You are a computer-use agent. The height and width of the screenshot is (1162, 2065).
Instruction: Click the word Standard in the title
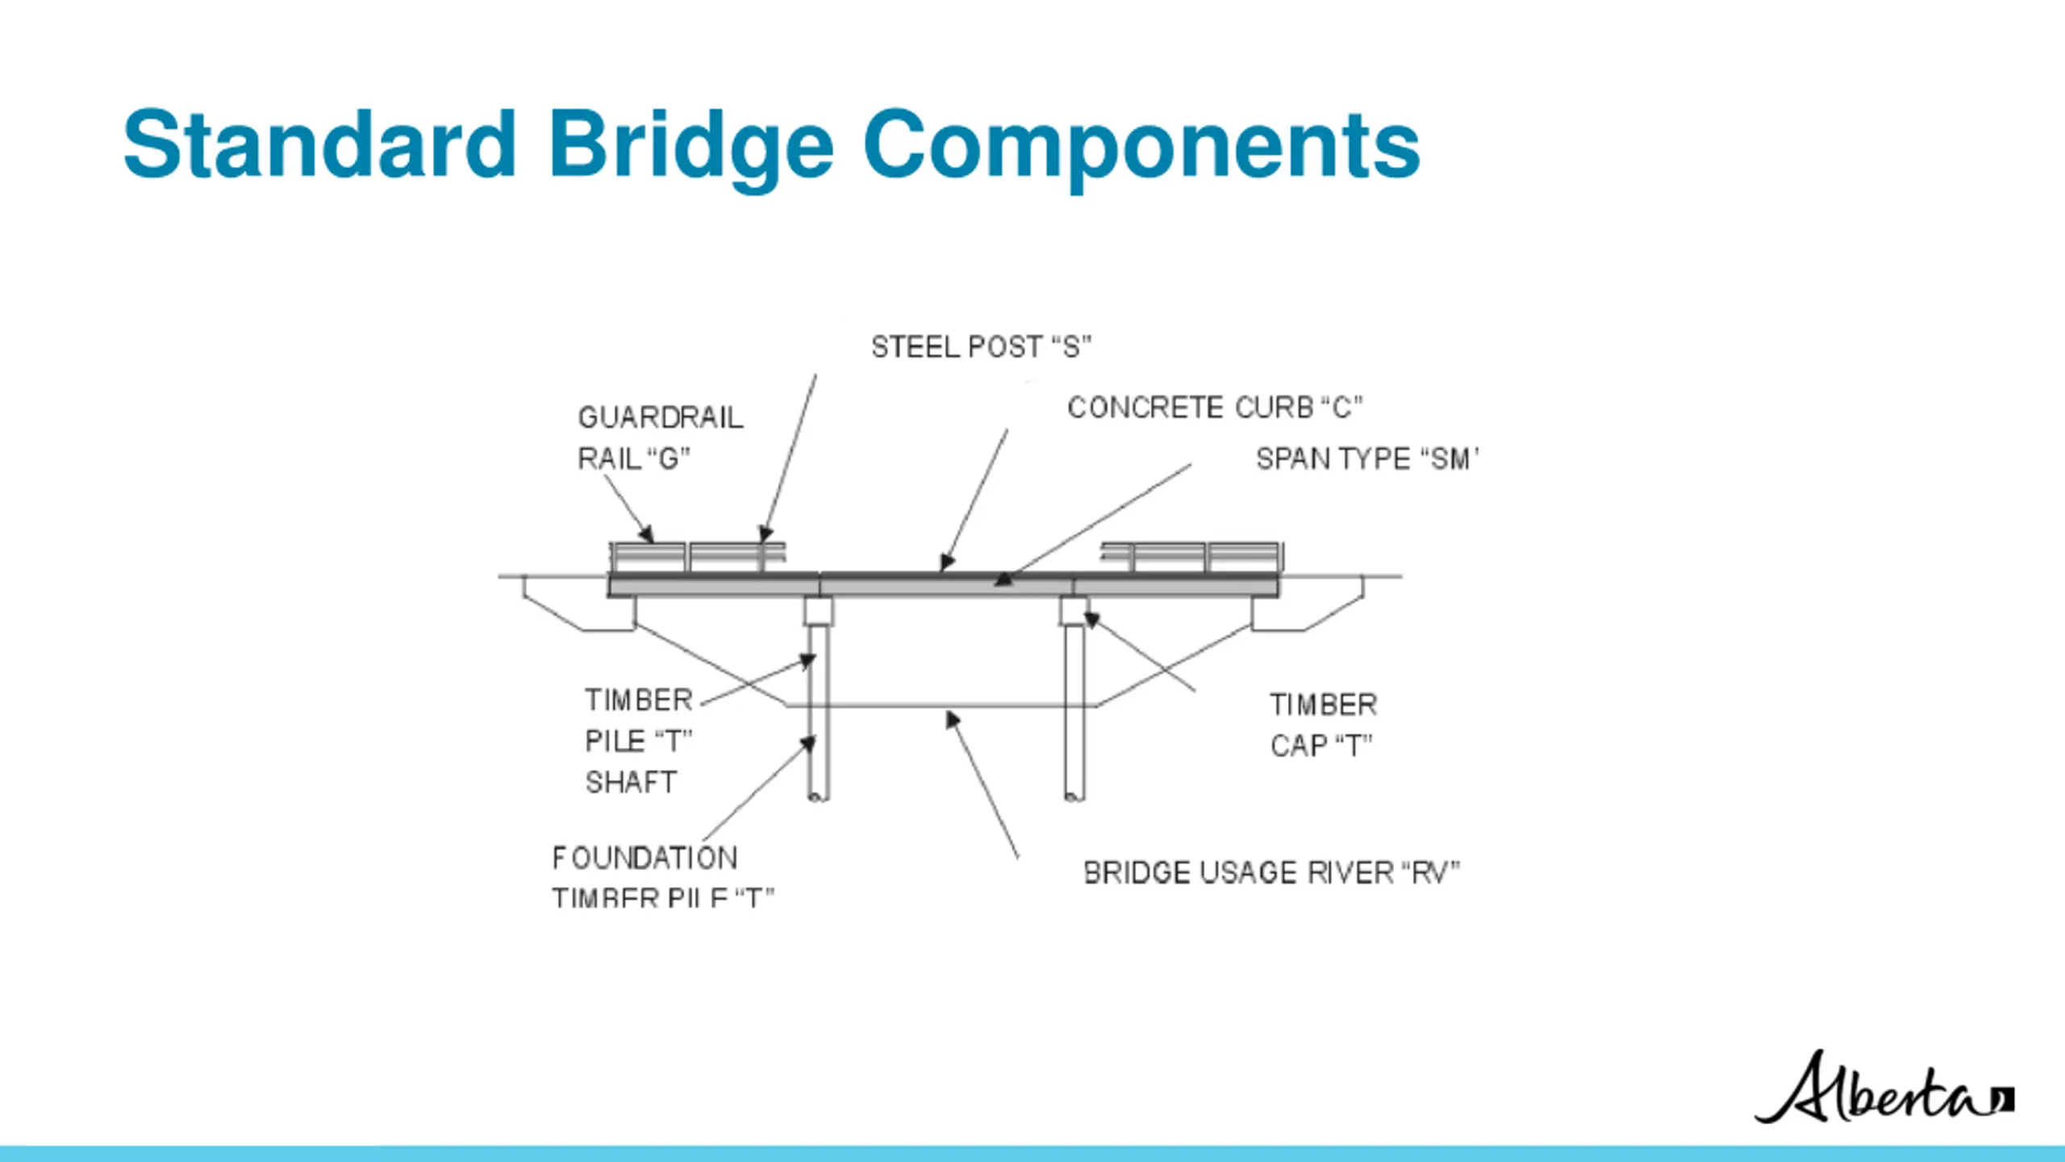319,145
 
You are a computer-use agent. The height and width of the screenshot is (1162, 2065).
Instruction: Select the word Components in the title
1141,145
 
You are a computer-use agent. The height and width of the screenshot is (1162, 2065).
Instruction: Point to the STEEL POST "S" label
981,347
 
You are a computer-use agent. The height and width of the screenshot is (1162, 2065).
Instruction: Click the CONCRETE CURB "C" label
1215,408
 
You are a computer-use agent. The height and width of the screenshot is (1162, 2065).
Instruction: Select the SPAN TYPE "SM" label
1367,459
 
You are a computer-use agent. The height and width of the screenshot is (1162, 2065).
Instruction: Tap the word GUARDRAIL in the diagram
661,417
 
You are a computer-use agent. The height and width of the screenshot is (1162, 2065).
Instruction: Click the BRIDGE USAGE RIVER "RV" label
1271,872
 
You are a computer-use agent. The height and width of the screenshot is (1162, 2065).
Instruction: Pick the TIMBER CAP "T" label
1323,725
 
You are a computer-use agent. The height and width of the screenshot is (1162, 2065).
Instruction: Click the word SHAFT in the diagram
631,782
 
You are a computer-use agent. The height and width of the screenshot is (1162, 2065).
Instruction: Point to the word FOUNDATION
645,858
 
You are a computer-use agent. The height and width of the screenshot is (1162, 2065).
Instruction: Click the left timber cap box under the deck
819,611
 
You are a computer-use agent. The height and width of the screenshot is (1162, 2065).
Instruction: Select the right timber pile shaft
1074,710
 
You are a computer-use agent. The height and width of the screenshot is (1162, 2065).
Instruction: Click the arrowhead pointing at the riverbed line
952,718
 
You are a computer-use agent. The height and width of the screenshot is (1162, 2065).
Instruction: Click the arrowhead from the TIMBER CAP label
1091,619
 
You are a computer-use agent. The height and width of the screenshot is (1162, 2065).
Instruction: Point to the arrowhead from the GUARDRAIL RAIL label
646,534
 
